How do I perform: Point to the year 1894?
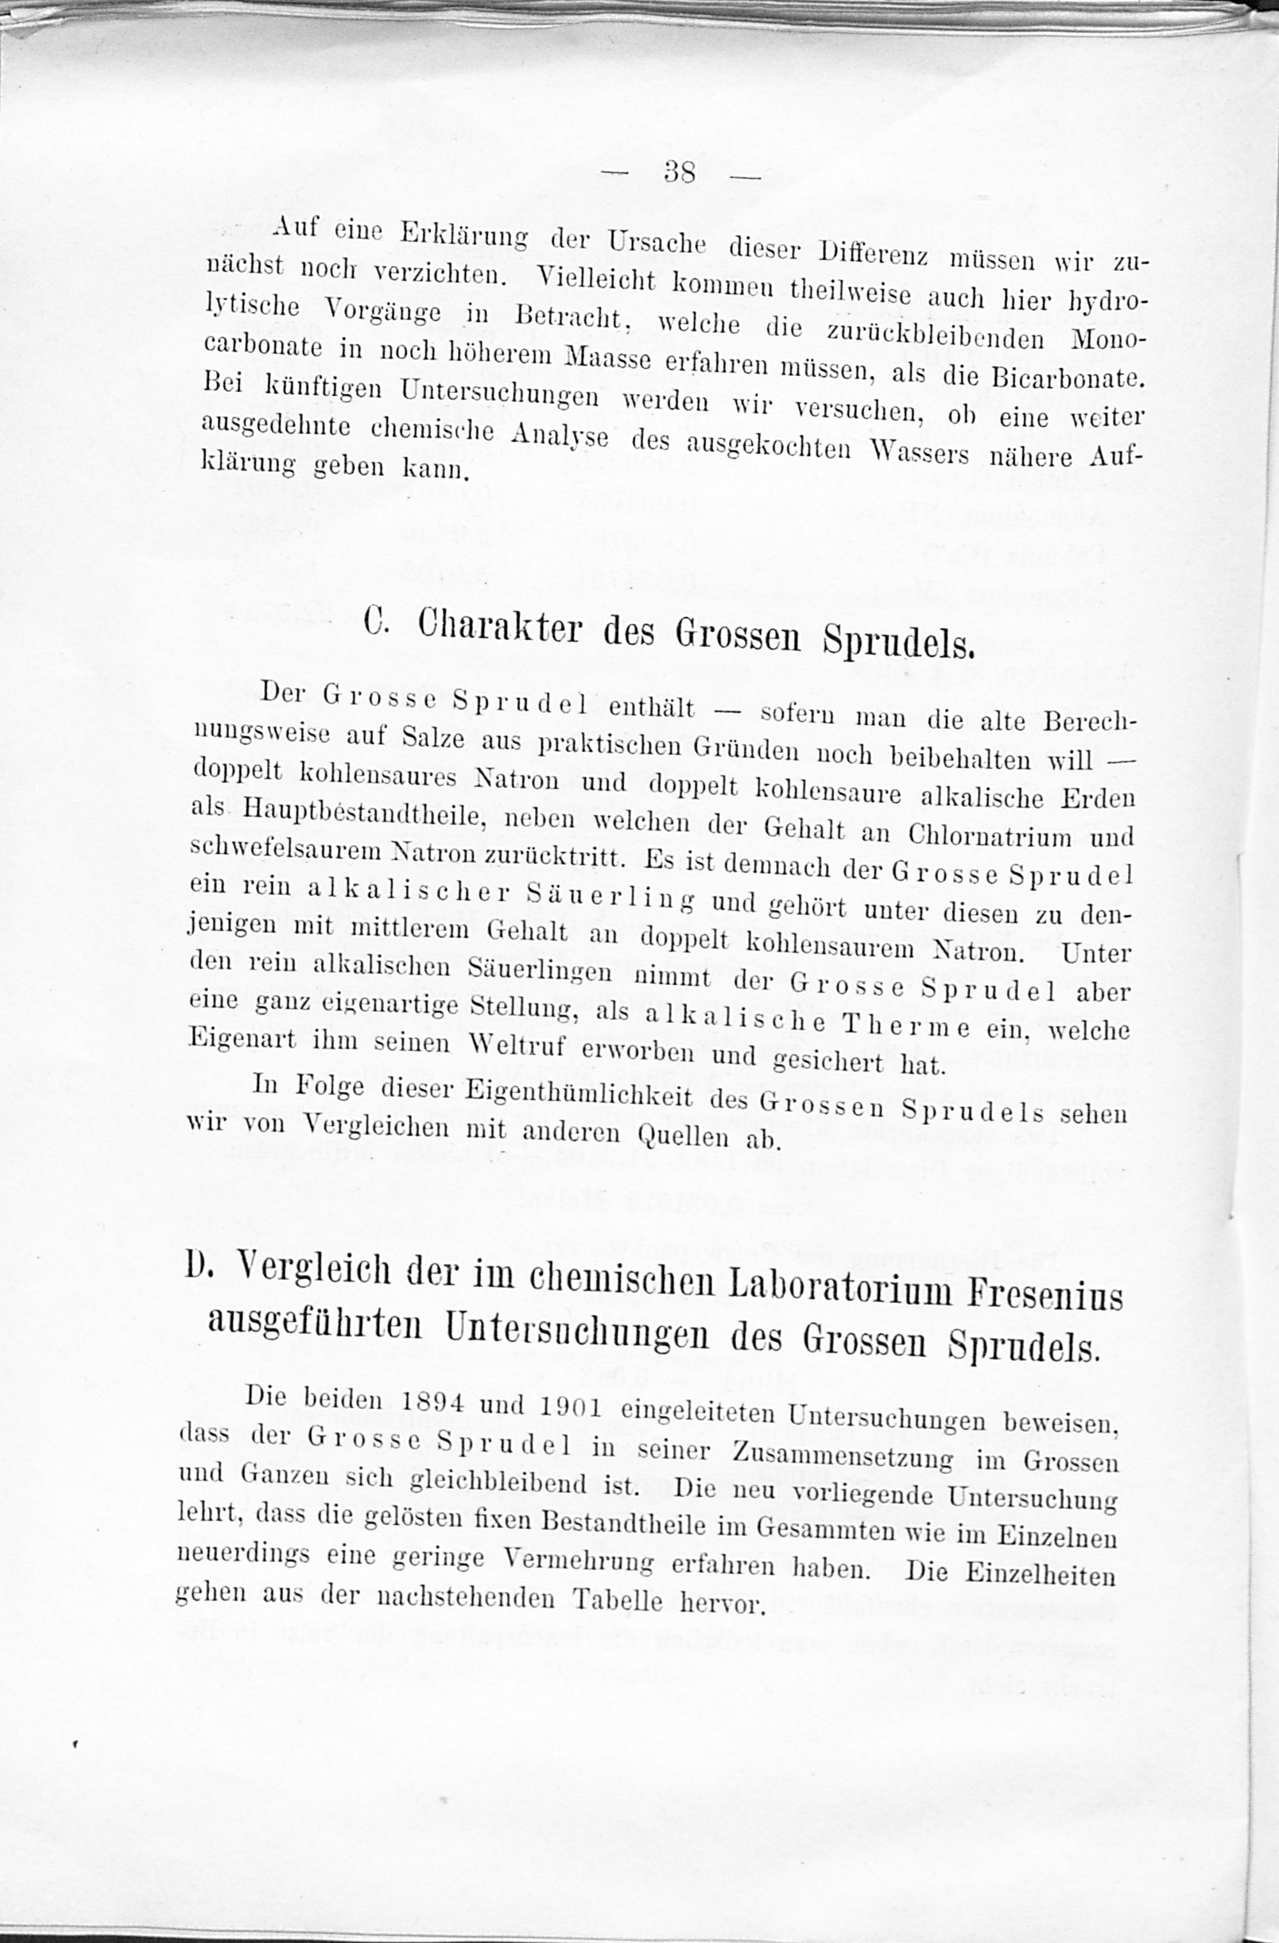pos(434,1401)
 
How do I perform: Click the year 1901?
pos(571,1407)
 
